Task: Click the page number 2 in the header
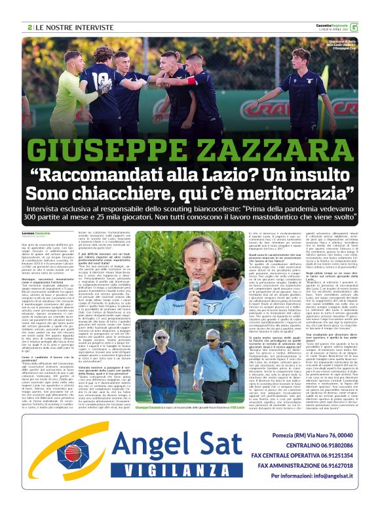31,28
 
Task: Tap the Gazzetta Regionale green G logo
372,27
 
